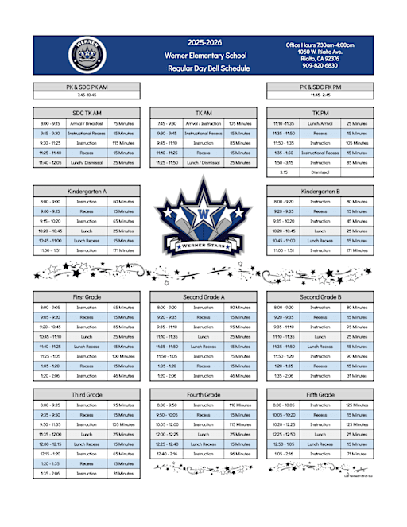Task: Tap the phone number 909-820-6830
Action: click(x=320, y=65)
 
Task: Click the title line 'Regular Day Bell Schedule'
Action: click(x=208, y=68)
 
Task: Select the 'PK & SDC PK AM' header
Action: click(x=86, y=87)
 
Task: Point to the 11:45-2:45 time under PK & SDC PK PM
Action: click(x=320, y=95)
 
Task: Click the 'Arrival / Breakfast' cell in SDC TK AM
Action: click(x=86, y=124)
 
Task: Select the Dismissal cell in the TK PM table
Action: click(x=320, y=172)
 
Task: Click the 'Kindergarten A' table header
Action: click(x=86, y=192)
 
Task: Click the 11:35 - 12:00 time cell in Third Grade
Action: click(x=50, y=434)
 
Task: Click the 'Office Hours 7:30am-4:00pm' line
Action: click(x=320, y=45)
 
